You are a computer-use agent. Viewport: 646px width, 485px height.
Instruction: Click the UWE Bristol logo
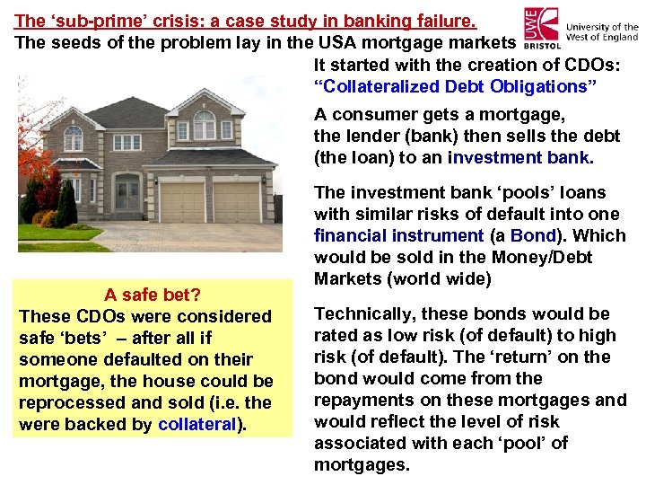pyautogui.click(x=543, y=28)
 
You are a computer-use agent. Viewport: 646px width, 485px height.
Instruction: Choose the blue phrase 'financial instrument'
pyautogui.click(x=398, y=236)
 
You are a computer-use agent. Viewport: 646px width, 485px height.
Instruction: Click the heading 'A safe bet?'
pyautogui.click(x=152, y=295)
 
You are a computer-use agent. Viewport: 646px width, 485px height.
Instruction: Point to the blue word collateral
pyautogui.click(x=196, y=425)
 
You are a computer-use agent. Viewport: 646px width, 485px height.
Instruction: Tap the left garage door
pyautogui.click(x=182, y=203)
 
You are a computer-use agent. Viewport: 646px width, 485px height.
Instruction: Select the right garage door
pyautogui.click(x=238, y=203)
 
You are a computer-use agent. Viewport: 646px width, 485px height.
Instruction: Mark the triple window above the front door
pyautogui.click(x=127, y=143)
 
